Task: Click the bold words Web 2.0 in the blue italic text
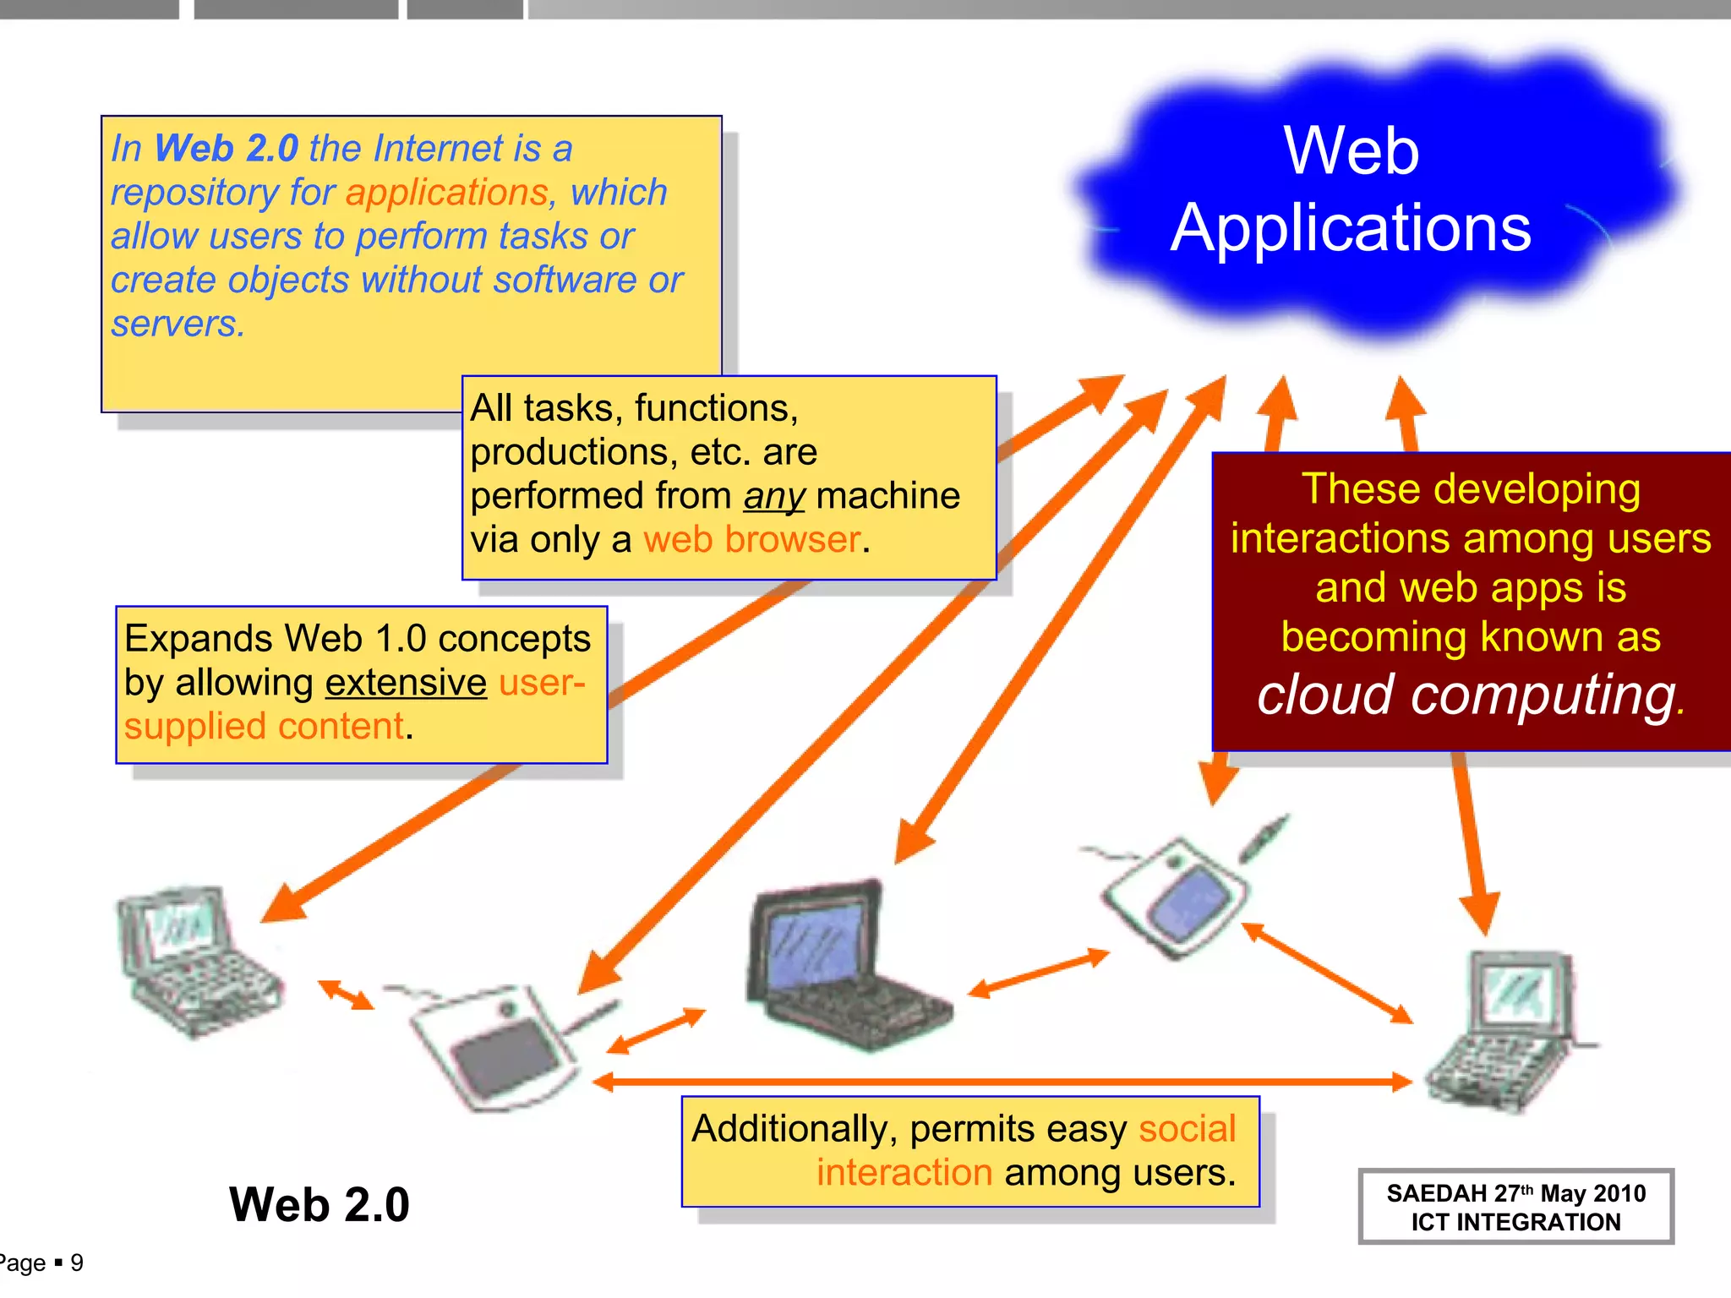(x=226, y=149)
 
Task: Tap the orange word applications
(x=447, y=193)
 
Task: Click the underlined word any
(x=773, y=496)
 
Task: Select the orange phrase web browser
(x=751, y=540)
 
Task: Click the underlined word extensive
(x=406, y=683)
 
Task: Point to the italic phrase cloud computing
(x=1466, y=695)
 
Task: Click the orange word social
(x=1187, y=1129)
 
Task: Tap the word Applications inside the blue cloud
(x=1351, y=228)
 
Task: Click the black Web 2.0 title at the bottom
(x=319, y=1204)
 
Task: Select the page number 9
(x=77, y=1263)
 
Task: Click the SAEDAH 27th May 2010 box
(x=1515, y=1207)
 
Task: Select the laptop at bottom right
(x=1509, y=1031)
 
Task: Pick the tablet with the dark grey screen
(x=499, y=1048)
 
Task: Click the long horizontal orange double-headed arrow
(x=1002, y=1081)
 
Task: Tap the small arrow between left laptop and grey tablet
(x=345, y=995)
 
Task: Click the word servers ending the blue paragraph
(x=177, y=324)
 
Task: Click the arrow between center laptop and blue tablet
(x=1038, y=973)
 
